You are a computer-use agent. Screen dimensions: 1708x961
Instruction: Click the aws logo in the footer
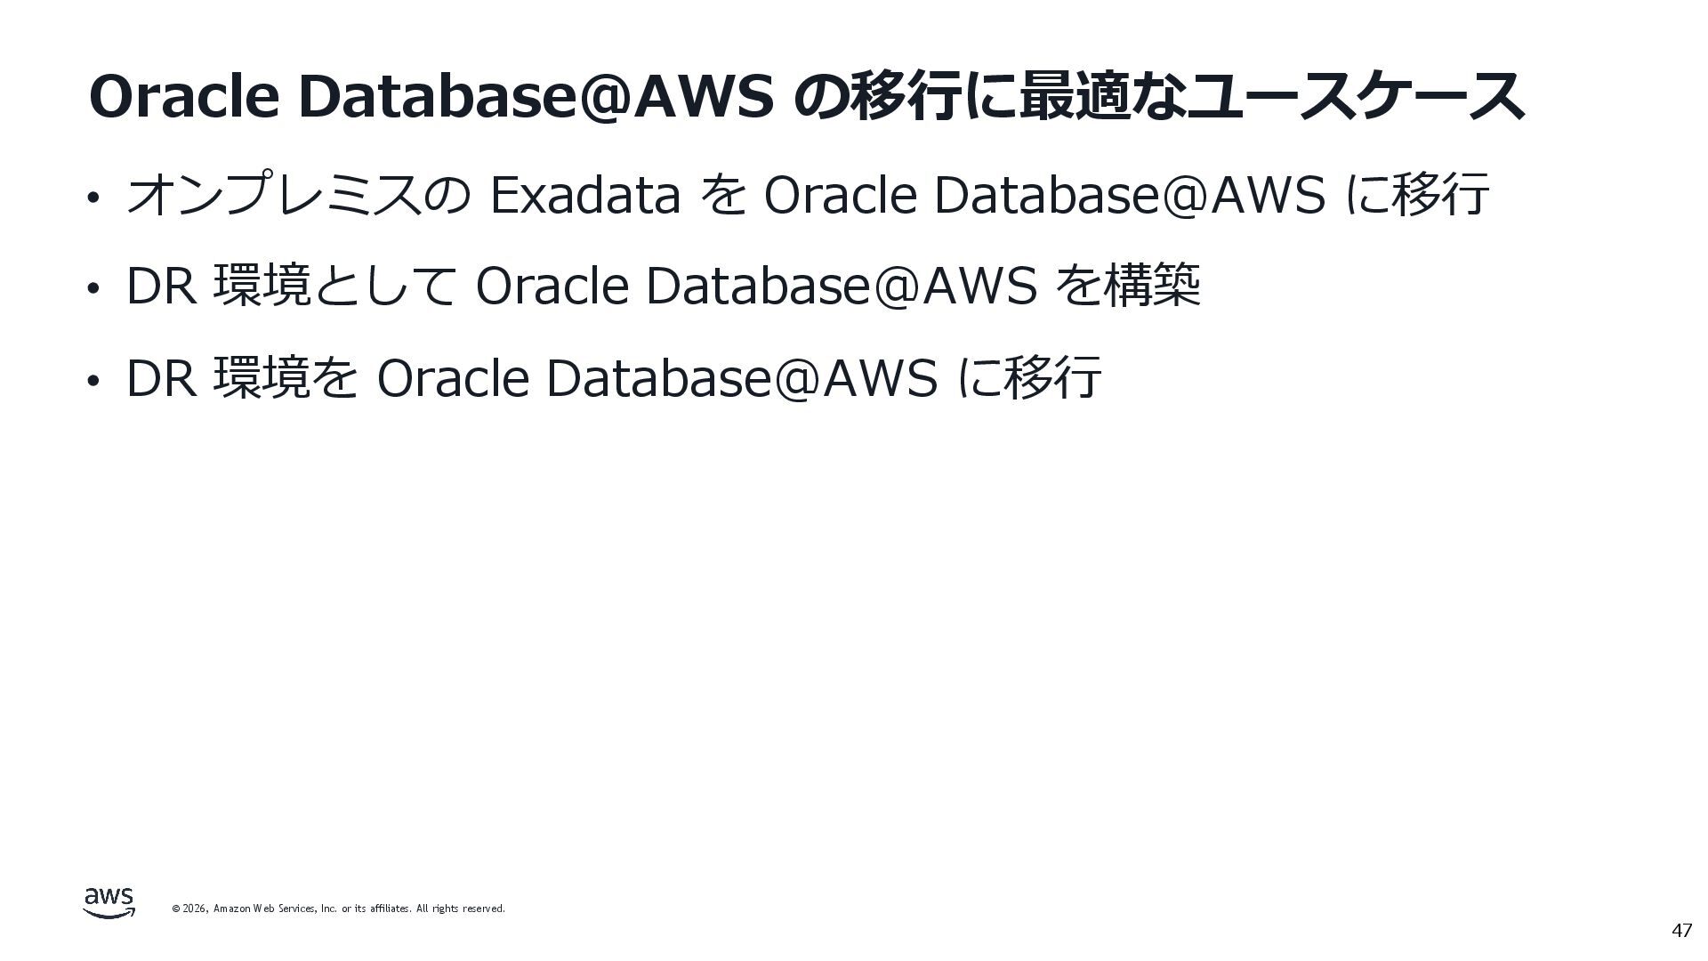click(109, 902)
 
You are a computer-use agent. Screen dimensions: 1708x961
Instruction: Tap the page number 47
click(1680, 932)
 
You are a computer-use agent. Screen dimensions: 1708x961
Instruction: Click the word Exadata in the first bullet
click(584, 195)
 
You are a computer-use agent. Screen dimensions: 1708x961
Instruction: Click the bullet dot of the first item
click(92, 198)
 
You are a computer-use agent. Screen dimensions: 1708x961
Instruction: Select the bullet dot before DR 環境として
click(92, 289)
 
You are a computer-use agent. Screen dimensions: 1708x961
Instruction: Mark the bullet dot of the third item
click(92, 381)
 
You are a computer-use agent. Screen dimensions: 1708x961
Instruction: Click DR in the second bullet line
click(161, 287)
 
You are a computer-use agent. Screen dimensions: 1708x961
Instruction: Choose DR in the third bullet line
click(161, 378)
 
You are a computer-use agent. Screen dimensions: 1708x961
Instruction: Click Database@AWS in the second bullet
click(841, 287)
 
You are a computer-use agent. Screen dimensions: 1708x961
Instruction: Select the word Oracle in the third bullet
click(453, 378)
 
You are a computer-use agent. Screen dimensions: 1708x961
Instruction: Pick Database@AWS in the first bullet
click(1130, 195)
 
